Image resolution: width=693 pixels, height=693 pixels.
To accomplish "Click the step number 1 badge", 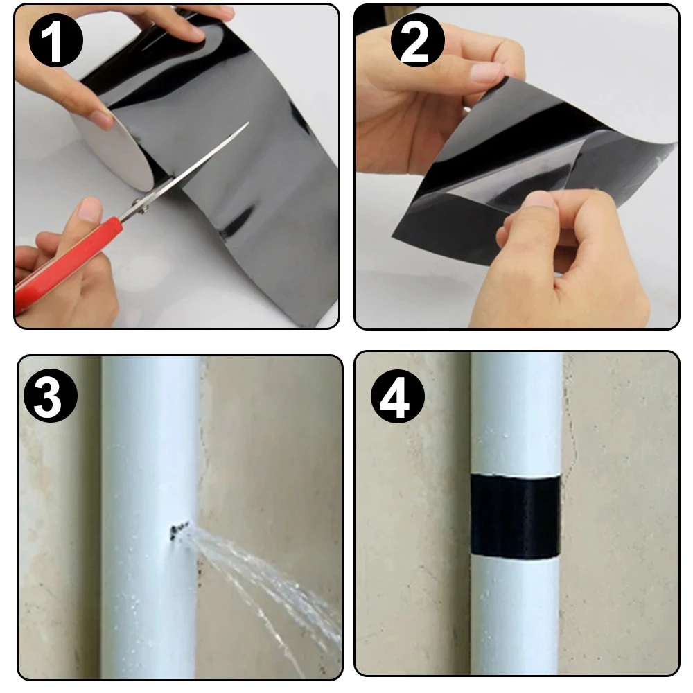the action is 55,41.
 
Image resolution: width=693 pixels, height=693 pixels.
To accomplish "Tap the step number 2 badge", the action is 417,40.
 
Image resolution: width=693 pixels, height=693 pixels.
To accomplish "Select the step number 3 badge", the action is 51,395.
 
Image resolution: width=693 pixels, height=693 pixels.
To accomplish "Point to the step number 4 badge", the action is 397,396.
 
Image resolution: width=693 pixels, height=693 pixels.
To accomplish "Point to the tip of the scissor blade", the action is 248,123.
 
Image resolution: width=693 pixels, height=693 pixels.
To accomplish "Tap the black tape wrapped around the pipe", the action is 515,516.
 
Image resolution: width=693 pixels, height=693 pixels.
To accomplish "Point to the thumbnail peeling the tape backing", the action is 538,202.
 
